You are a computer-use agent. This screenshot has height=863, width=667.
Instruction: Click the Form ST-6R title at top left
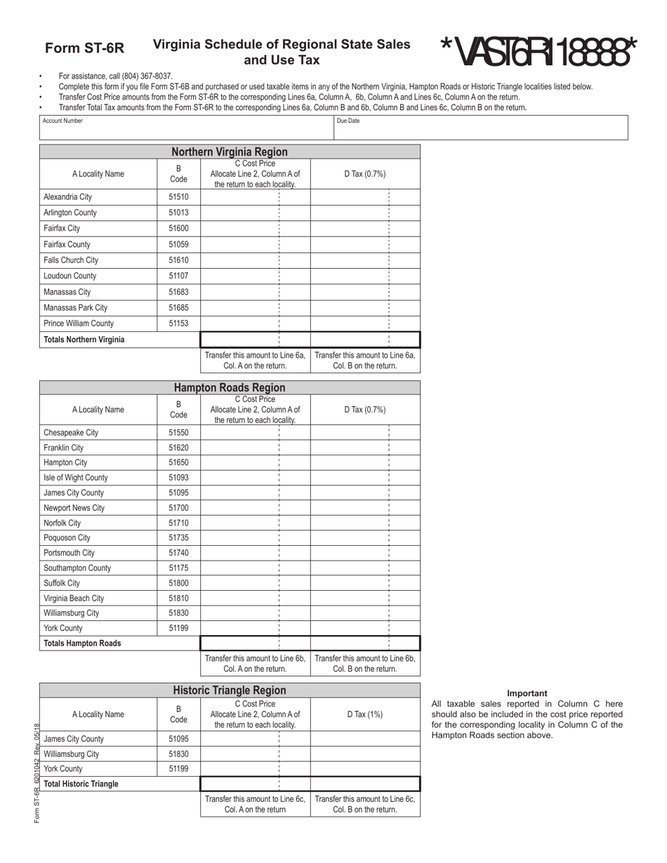click(84, 48)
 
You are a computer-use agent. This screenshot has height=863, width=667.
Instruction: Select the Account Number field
click(186, 128)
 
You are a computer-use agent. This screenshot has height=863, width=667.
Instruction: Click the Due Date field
click(480, 128)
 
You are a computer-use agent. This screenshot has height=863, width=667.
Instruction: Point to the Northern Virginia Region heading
click(230, 152)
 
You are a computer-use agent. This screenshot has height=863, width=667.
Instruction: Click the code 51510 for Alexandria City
click(178, 197)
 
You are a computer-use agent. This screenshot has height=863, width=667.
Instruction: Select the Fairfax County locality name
click(67, 244)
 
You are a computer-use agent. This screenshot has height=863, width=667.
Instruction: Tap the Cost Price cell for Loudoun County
click(255, 276)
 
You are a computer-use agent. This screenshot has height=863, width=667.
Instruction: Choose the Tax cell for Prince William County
click(365, 323)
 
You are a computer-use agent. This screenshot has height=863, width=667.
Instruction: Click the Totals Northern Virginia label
click(84, 340)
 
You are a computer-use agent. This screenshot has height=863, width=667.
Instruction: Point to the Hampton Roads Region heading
click(230, 387)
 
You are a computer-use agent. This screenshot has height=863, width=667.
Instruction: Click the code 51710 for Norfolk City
click(178, 523)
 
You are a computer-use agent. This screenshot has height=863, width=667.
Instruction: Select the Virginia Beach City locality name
click(74, 598)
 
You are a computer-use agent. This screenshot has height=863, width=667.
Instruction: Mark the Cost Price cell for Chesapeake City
click(255, 433)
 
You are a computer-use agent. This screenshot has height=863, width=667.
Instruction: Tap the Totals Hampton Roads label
click(82, 643)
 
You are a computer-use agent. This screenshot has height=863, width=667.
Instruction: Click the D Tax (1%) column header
click(365, 714)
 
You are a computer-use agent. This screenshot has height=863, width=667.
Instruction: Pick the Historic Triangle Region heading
click(230, 690)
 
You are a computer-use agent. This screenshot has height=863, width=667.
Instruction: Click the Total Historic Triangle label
click(81, 784)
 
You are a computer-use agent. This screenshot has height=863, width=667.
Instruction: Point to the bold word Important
click(527, 693)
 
